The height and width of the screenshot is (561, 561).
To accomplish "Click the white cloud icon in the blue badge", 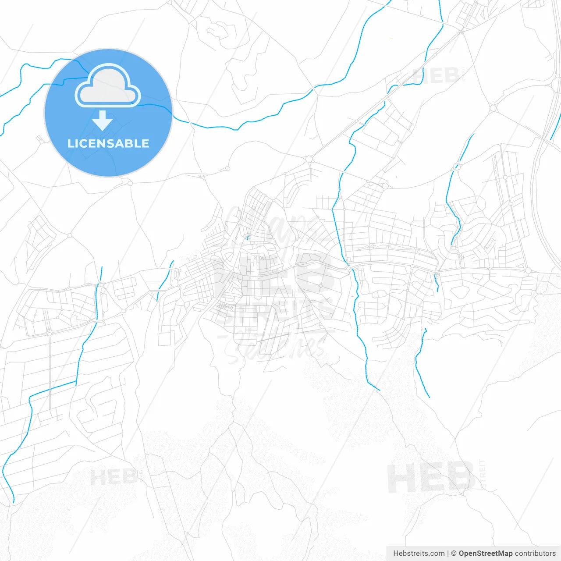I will (x=108, y=87).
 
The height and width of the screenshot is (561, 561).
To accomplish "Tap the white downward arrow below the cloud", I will (x=103, y=121).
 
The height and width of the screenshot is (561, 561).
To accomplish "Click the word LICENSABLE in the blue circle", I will (x=108, y=143).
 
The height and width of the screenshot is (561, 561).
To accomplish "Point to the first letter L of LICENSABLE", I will (x=71, y=143).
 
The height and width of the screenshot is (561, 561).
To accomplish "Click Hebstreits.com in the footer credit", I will (x=419, y=554).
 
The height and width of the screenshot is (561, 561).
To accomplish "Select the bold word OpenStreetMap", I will (x=486, y=554).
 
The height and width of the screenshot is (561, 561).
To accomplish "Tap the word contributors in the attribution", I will (x=535, y=554).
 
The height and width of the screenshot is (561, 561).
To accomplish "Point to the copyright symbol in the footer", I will (x=454, y=554).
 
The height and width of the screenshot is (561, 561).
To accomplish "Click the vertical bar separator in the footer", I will (x=448, y=554).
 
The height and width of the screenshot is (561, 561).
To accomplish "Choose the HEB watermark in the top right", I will (x=436, y=76).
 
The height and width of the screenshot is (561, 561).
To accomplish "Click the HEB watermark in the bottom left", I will (x=113, y=477).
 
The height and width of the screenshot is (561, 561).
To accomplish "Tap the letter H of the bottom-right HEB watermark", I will (x=400, y=478).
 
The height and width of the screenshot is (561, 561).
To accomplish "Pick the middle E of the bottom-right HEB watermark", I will (x=431, y=478).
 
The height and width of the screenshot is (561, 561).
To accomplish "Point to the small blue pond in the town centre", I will (x=247, y=238).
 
